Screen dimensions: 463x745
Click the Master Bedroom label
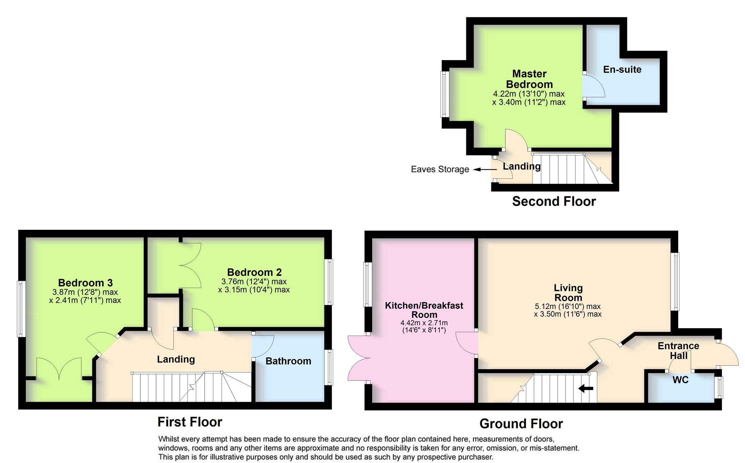click(x=529, y=79)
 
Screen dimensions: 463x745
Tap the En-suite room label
click(x=622, y=70)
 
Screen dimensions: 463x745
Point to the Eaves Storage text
click(x=440, y=169)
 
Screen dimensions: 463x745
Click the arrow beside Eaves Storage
click(x=485, y=169)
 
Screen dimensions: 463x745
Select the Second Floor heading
click(x=554, y=202)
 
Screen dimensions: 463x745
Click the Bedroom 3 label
click(x=85, y=283)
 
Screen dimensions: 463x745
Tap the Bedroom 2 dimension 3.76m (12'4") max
click(x=254, y=282)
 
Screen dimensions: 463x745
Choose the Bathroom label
click(x=288, y=361)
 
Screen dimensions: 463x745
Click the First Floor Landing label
click(x=176, y=359)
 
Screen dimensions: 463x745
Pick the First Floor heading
click(x=190, y=422)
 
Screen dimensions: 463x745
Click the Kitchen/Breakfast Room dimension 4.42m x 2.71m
click(x=424, y=323)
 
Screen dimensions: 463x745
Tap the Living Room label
click(x=568, y=293)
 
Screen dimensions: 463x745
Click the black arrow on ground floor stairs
click(x=586, y=388)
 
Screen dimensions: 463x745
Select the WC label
click(x=680, y=380)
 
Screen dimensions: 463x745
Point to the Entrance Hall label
click(x=678, y=351)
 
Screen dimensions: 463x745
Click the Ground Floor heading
click(x=521, y=424)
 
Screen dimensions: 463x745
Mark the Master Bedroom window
click(x=445, y=94)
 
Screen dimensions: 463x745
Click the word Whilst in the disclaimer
click(x=168, y=439)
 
